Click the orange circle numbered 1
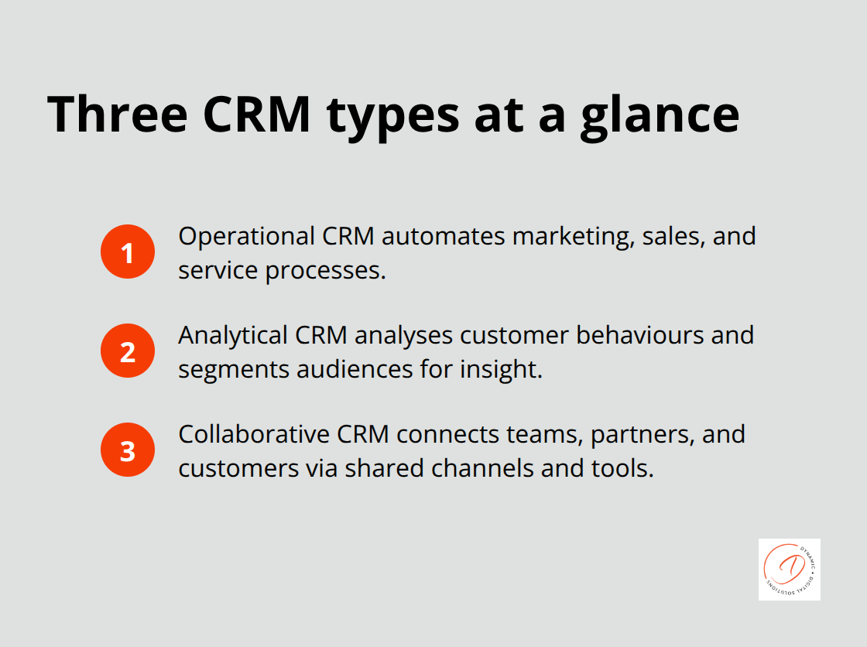128,252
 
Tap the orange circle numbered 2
128,351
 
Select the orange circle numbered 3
128,450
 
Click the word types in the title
384,114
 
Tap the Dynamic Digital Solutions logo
789,570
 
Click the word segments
221,370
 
